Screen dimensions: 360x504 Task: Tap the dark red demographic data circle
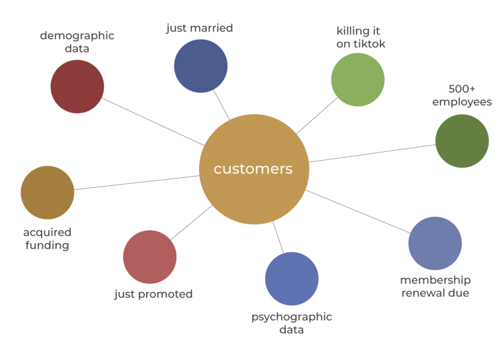click(77, 86)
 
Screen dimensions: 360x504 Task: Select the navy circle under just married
click(200, 66)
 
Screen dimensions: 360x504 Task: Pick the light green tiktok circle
click(358, 79)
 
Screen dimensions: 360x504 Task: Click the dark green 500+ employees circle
click(462, 141)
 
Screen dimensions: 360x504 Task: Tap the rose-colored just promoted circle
click(150, 257)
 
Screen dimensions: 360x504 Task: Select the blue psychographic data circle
click(292, 279)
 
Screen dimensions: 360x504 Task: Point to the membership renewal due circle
click(435, 243)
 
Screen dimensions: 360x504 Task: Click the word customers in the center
click(253, 169)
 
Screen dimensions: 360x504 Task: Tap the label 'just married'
click(200, 28)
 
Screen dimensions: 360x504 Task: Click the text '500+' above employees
click(462, 89)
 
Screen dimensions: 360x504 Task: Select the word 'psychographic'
click(292, 316)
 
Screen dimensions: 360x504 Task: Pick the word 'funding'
click(47, 245)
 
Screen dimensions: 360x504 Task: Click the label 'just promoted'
click(153, 294)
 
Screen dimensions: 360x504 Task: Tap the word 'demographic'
click(77, 35)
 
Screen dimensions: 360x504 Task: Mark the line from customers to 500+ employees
click(372, 153)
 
